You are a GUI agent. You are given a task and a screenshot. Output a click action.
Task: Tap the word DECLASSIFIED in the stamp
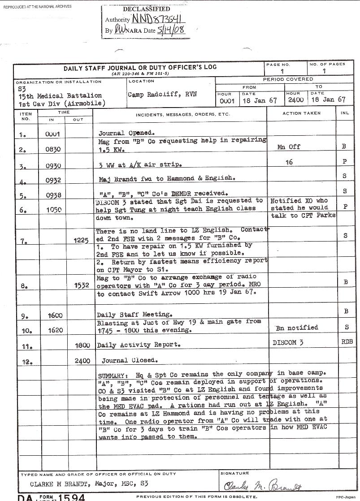click(x=147, y=9)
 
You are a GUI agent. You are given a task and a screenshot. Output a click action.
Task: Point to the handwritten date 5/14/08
click(x=170, y=30)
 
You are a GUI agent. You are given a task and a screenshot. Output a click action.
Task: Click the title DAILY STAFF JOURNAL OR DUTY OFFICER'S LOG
click(x=140, y=68)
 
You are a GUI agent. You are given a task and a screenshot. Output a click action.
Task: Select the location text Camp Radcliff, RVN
click(x=162, y=95)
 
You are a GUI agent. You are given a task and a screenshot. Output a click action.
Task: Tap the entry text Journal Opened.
click(x=126, y=133)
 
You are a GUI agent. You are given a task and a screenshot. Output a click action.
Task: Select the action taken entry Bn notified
click(x=296, y=328)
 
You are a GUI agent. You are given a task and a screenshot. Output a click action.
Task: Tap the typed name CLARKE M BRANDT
click(x=61, y=484)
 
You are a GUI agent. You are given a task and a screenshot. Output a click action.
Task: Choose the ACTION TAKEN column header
click(x=301, y=113)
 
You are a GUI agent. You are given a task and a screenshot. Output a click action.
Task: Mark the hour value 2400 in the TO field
click(x=295, y=100)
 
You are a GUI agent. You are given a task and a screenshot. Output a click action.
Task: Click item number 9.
click(x=24, y=316)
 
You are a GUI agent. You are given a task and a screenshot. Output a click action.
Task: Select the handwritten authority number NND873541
click(x=157, y=19)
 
